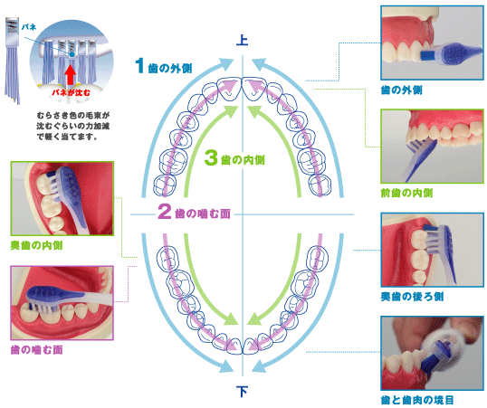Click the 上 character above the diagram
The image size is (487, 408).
(x=242, y=40)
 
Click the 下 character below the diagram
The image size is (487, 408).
(x=242, y=391)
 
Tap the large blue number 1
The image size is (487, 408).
(x=139, y=65)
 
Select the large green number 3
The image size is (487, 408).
(x=211, y=157)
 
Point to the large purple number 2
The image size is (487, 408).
(x=165, y=211)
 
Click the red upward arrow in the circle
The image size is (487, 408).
(x=71, y=75)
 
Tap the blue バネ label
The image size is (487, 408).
(x=29, y=27)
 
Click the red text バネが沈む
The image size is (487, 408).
(x=71, y=92)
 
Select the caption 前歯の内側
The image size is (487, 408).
(x=406, y=193)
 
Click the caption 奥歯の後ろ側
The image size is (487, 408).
(x=412, y=297)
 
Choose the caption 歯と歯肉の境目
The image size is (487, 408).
(x=417, y=400)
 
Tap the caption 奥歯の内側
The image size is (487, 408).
(x=36, y=245)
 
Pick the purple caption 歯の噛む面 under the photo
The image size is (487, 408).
(x=36, y=350)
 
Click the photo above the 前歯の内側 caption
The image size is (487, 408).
(x=432, y=146)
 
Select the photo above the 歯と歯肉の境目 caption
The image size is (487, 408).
(x=432, y=353)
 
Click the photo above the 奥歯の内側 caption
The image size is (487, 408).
(x=62, y=198)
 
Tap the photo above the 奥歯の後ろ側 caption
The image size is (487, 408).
(x=432, y=250)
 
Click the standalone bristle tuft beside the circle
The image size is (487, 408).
(x=13, y=61)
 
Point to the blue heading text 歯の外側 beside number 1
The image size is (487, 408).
(x=170, y=68)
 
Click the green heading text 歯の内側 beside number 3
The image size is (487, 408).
(x=243, y=160)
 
